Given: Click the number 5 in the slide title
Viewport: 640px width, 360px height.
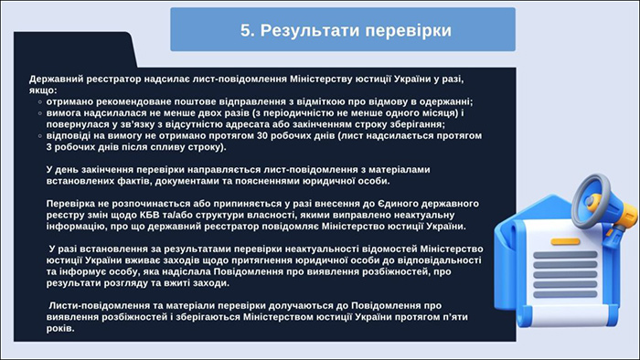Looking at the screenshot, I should point(245,30).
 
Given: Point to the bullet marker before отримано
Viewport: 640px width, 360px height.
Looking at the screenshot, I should point(41,102).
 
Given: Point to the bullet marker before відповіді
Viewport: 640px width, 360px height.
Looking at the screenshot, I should point(41,135).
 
